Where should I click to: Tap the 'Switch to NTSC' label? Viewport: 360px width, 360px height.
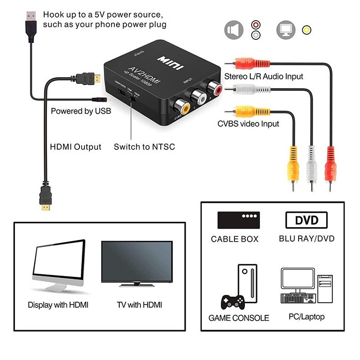[144, 147]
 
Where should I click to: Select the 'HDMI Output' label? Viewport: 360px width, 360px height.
[75, 147]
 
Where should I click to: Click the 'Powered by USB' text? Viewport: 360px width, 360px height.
[81, 111]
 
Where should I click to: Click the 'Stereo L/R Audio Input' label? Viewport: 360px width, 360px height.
[264, 76]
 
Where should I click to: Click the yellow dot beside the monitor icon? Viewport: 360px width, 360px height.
[307, 30]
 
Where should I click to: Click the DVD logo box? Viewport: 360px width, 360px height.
[307, 220]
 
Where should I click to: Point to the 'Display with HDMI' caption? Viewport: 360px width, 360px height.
[58, 305]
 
